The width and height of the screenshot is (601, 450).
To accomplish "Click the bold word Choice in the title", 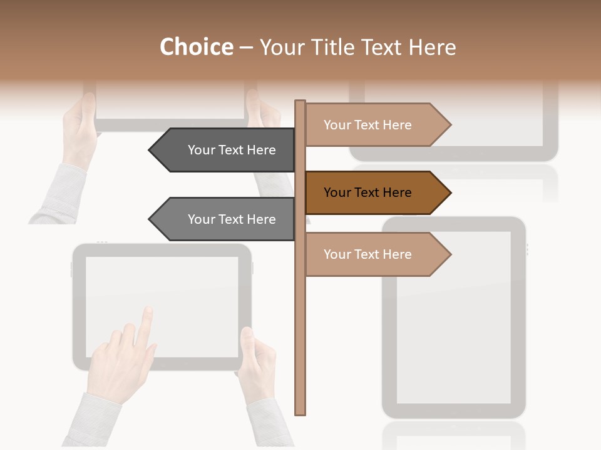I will pos(196,47).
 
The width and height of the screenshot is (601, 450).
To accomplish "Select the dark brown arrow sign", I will pos(376,192).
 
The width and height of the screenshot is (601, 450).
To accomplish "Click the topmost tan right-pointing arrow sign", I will pos(376,125).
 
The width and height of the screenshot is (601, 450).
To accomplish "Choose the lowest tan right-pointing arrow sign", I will pos(376,254).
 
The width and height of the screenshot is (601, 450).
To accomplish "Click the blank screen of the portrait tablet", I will pos(453,319).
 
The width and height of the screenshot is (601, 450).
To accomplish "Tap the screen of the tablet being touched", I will pos(188,294).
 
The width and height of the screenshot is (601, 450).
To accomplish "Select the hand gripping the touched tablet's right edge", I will pos(258,362).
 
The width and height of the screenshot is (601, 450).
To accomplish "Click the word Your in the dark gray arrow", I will pos(201,150).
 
